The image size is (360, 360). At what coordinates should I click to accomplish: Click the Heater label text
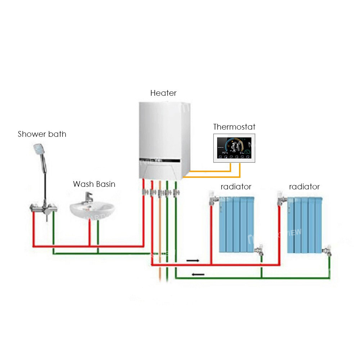163,93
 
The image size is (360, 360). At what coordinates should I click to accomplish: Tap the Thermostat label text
234,127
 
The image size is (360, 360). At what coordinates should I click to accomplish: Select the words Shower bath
42,134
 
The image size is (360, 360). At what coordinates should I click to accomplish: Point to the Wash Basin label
94,184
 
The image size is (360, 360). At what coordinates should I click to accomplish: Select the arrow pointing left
198,275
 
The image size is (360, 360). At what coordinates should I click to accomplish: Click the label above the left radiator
236,187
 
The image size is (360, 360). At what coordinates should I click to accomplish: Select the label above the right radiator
304,187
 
